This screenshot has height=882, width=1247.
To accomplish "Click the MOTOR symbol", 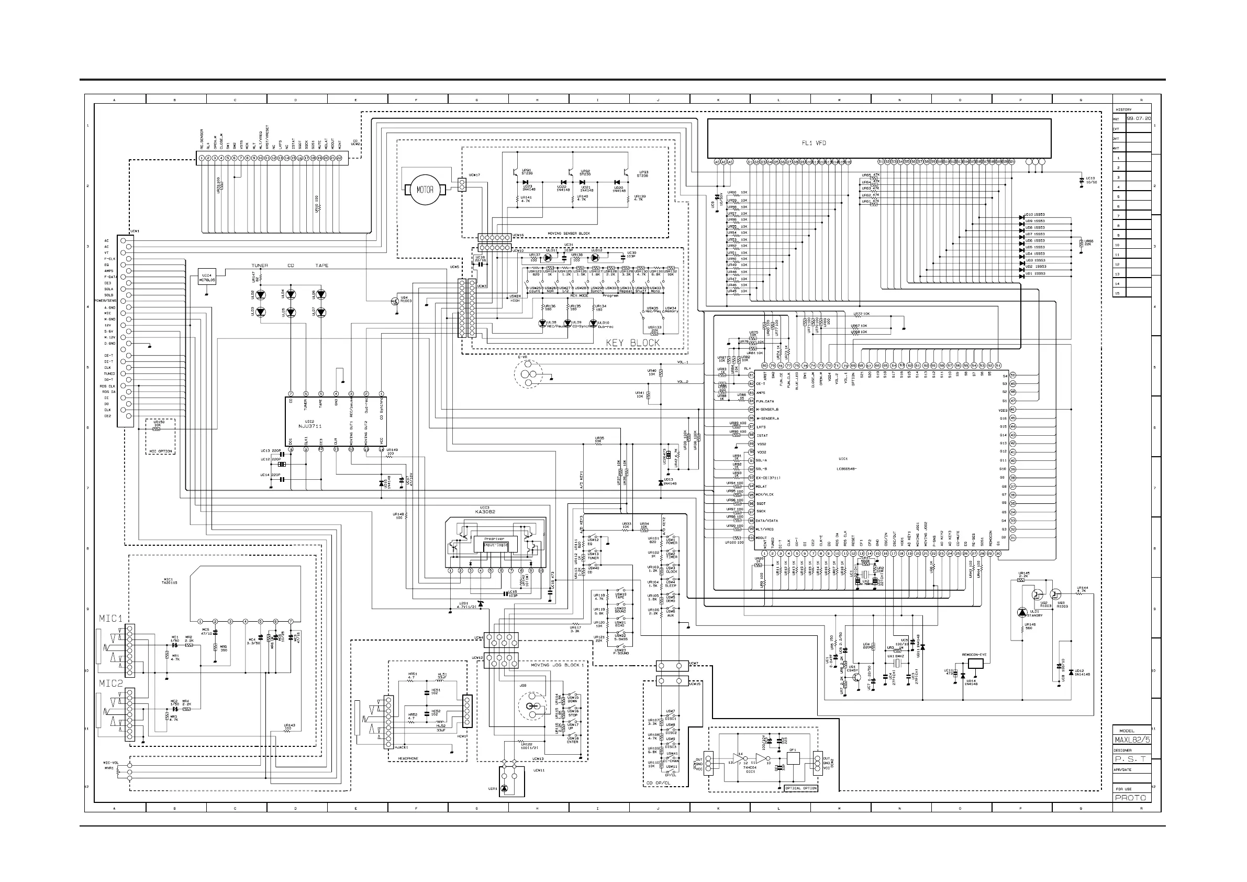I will pyautogui.click(x=425, y=190).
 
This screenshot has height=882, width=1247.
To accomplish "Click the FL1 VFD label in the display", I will pyautogui.click(x=814, y=143).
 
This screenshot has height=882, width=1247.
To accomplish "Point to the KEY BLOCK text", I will pyautogui.click(x=633, y=343).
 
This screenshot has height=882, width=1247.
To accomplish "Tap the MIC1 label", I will pyautogui.click(x=111, y=619).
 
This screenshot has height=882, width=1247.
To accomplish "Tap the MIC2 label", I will pyautogui.click(x=111, y=683).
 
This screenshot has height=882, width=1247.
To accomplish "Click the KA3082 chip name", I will pyautogui.click(x=485, y=512).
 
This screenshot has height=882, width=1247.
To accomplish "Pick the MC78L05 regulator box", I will pyautogui.click(x=207, y=278).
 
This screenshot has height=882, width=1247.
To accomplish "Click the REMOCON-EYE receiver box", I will pyautogui.click(x=975, y=663).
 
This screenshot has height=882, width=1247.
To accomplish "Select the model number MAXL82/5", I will pyautogui.click(x=1132, y=740).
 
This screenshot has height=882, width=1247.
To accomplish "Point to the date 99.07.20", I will pyautogui.click(x=1139, y=118).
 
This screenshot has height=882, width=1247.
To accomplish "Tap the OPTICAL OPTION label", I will pyautogui.click(x=801, y=788).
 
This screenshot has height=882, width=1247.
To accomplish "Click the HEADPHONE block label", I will pyautogui.click(x=408, y=758).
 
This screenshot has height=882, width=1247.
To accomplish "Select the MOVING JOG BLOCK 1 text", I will pyautogui.click(x=557, y=665).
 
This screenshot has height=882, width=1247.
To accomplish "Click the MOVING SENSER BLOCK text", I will pyautogui.click(x=569, y=233).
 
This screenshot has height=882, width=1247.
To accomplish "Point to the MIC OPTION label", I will pyautogui.click(x=161, y=451).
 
